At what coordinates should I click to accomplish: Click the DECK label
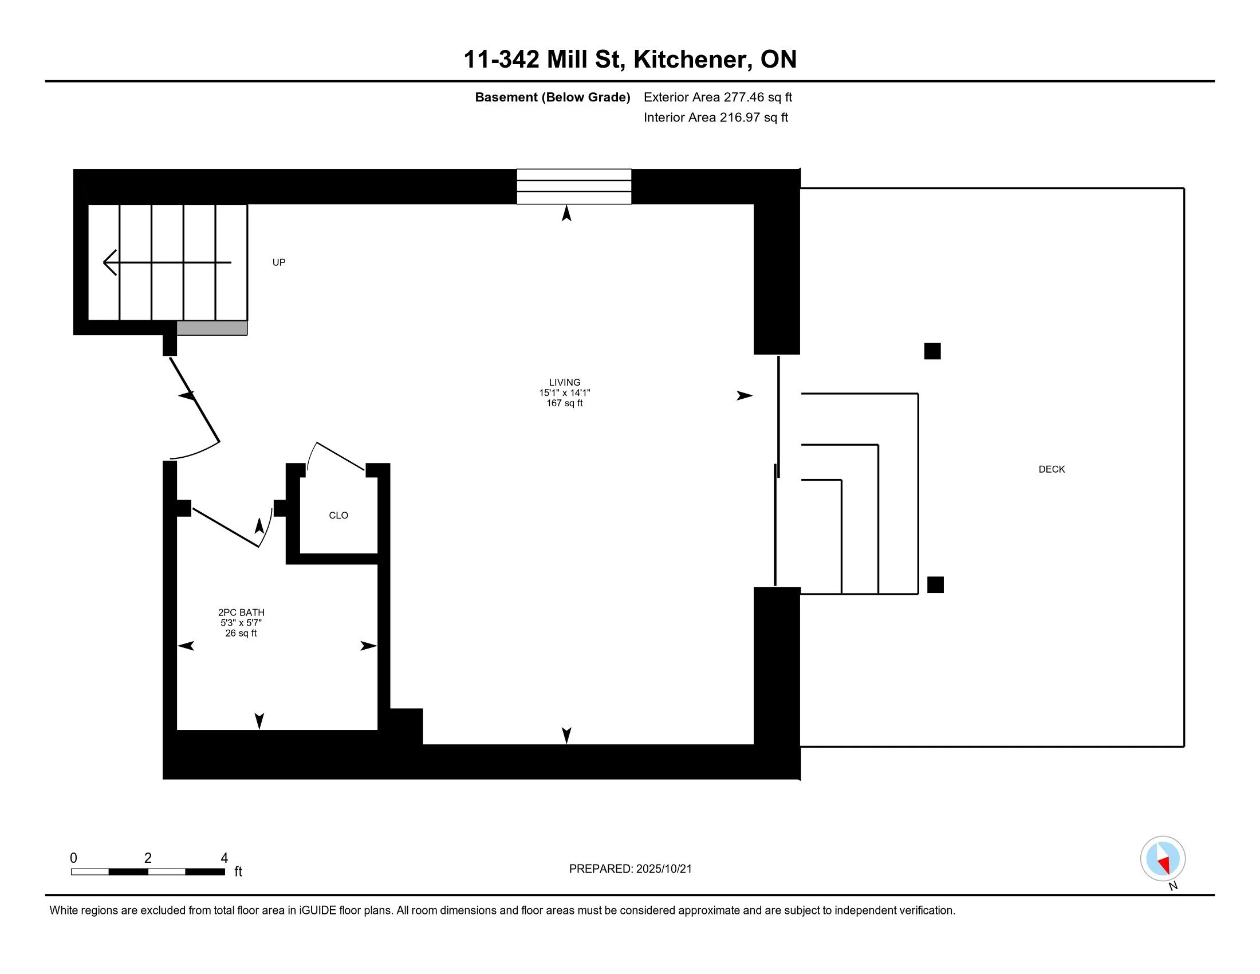[1051, 469]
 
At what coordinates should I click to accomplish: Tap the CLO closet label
[338, 515]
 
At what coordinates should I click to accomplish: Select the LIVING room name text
[564, 382]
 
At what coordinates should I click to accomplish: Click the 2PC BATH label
[241, 612]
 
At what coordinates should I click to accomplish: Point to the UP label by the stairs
[279, 262]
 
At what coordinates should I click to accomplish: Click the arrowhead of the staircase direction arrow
[109, 262]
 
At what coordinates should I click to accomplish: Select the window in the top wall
[573, 186]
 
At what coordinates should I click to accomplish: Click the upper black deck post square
[932, 351]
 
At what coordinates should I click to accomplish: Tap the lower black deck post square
[935, 584]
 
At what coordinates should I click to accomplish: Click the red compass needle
[1164, 865]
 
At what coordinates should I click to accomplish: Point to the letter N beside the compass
[1173, 886]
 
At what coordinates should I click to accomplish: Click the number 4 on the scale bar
[225, 858]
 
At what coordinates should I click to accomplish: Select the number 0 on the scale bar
[73, 858]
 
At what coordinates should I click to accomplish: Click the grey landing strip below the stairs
[212, 328]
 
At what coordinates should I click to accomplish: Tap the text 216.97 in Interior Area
[739, 117]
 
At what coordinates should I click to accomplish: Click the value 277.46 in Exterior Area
[743, 97]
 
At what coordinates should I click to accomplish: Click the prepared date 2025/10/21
[663, 869]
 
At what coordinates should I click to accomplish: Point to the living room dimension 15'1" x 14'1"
[564, 393]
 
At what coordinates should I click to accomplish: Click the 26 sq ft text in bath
[241, 633]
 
